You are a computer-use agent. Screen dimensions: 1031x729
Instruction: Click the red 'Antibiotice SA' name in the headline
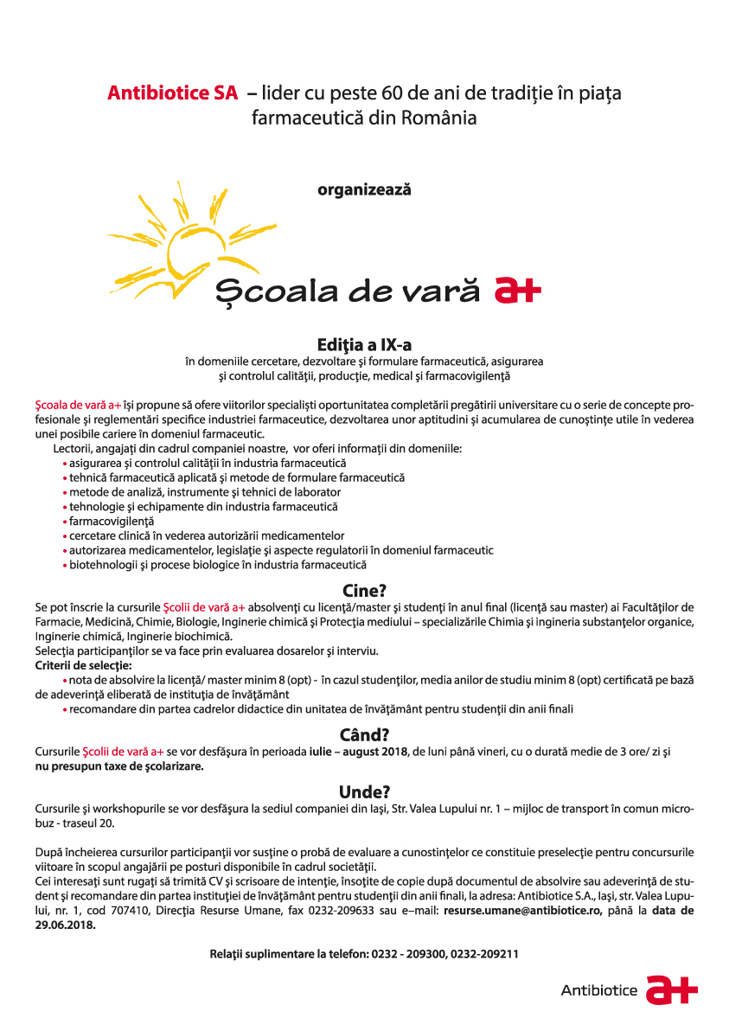(x=172, y=93)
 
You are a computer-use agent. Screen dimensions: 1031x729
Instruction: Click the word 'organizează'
(x=364, y=189)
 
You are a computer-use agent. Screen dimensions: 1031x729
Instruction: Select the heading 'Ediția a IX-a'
(x=364, y=345)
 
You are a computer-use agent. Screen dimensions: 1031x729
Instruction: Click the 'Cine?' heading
(x=364, y=591)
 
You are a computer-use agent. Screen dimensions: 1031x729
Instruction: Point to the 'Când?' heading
(x=364, y=735)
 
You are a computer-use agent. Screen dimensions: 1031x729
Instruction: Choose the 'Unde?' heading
(x=364, y=791)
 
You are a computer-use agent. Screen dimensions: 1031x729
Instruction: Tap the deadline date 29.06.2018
(x=65, y=924)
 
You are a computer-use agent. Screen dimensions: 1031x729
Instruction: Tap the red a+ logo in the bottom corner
(x=673, y=989)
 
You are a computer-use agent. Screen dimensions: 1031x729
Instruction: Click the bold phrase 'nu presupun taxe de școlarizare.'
(x=119, y=765)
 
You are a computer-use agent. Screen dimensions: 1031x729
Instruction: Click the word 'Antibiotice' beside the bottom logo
(x=598, y=990)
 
